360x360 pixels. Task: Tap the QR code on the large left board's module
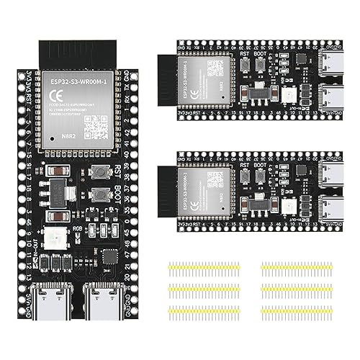coord(95,128)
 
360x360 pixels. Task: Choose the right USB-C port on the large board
coord(96,297)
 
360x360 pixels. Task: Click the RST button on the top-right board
coord(246,65)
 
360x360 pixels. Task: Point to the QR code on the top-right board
coord(215,69)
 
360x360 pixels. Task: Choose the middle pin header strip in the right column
coord(298,289)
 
